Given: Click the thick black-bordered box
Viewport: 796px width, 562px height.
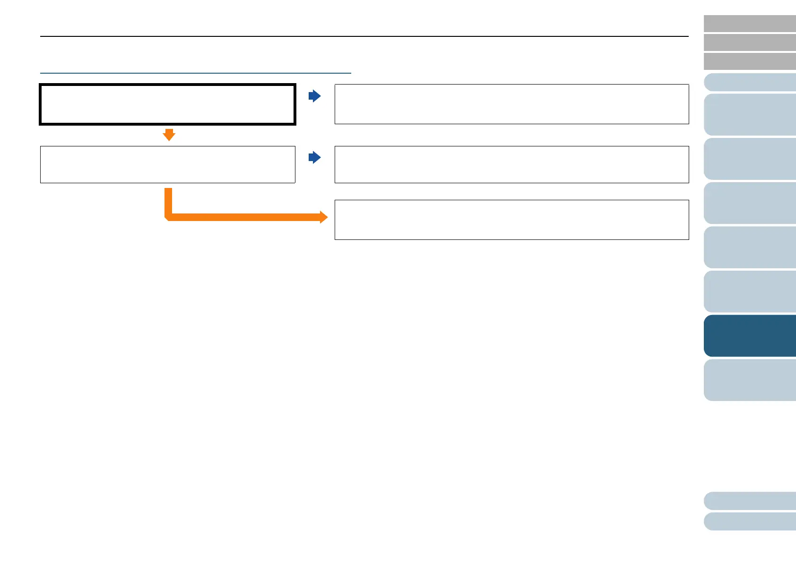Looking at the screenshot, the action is [168, 104].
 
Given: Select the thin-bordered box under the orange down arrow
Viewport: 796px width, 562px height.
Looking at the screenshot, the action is [168, 164].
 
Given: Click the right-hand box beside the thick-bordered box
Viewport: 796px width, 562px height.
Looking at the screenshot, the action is [511, 104].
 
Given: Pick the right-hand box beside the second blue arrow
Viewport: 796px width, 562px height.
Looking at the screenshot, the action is [511, 164].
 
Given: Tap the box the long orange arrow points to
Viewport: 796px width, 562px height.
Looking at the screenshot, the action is [511, 220].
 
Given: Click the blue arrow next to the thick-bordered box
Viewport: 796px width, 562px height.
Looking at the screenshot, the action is [315, 96].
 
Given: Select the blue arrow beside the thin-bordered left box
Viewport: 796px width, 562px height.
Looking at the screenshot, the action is [315, 157].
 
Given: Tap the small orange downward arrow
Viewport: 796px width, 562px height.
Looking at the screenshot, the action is [169, 135].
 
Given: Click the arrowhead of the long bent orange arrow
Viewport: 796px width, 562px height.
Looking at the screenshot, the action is [323, 217].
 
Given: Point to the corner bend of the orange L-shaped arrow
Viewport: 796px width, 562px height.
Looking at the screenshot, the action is [168, 217].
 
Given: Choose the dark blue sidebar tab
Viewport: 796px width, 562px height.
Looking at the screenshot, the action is [750, 336].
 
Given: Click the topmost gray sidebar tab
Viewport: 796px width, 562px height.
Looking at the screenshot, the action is [750, 24].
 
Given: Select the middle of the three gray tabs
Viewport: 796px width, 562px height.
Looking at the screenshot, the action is [750, 43].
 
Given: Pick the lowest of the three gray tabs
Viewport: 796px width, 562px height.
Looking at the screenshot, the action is [750, 61].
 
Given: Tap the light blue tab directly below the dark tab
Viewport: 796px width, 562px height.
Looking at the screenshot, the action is [750, 380].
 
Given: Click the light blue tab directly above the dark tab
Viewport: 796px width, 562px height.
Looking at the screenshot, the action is [750, 291].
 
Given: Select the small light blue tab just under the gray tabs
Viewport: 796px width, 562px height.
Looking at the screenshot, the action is [750, 82].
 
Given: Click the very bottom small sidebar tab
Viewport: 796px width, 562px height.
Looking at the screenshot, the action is [750, 522].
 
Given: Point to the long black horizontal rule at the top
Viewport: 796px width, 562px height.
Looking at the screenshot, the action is [364, 36].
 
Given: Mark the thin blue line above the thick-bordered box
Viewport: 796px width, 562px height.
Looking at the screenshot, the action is [196, 73].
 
